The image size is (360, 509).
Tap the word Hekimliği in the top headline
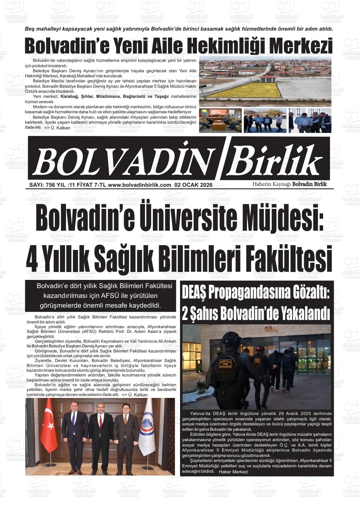218,46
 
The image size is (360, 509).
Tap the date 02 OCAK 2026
193,185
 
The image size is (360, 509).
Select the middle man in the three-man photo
101,439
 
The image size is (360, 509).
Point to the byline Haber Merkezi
233,472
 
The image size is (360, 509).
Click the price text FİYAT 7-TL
90,185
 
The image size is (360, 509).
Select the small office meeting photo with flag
220,121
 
